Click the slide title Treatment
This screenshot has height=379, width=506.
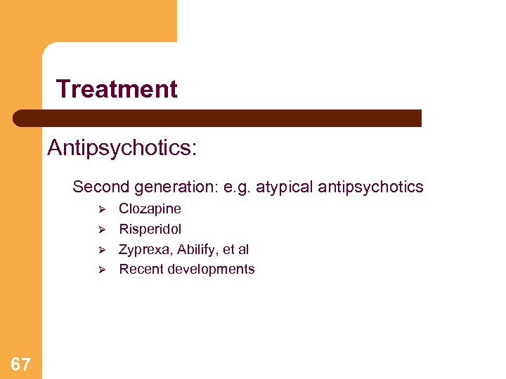[x=117, y=89]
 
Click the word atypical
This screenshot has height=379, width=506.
[x=285, y=187]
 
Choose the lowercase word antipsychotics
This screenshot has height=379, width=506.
[x=370, y=187]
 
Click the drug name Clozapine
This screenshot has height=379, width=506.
[x=150, y=208]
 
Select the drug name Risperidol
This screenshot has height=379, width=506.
[x=150, y=229]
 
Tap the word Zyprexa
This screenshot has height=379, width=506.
[x=143, y=249]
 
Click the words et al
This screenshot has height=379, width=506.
[x=235, y=249]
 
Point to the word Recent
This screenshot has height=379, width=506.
[x=139, y=270]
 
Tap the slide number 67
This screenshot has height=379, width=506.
[x=20, y=364]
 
